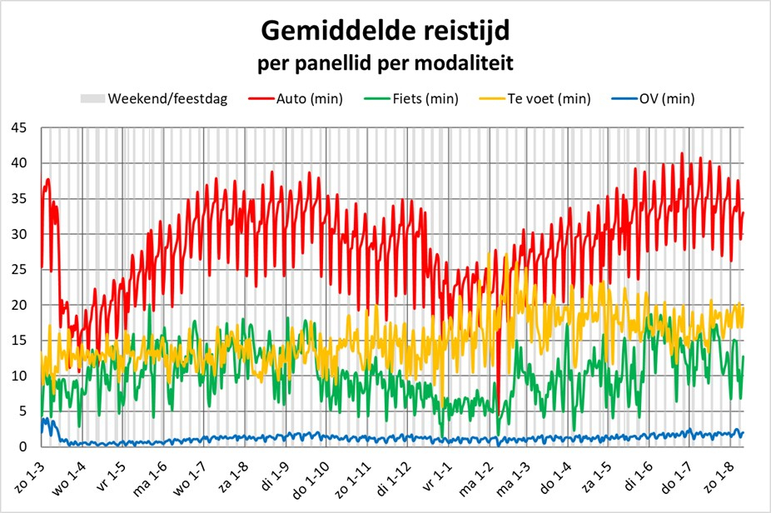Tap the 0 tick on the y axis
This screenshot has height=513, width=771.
click(x=22, y=447)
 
